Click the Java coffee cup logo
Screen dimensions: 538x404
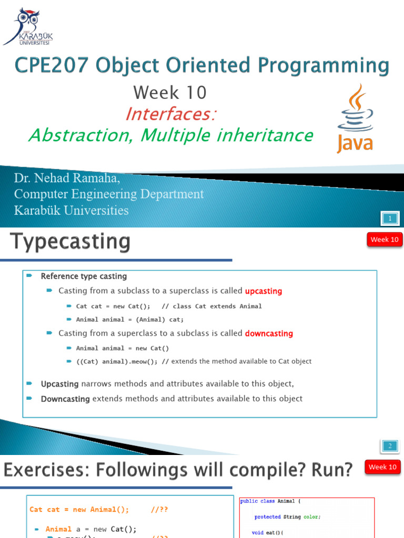(355, 118)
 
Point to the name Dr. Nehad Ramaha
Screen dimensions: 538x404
(67, 179)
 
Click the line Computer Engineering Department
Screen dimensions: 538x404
(108, 194)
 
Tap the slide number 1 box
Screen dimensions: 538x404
(390, 218)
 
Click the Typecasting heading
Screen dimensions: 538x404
(70, 242)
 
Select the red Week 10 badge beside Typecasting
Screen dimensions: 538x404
(384, 240)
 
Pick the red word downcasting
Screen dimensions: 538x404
(269, 334)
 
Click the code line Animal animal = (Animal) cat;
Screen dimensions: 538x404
(130, 319)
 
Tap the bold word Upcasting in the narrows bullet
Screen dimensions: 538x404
(59, 384)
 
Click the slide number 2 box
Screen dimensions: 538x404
(390, 446)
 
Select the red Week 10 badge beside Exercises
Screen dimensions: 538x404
(382, 467)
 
